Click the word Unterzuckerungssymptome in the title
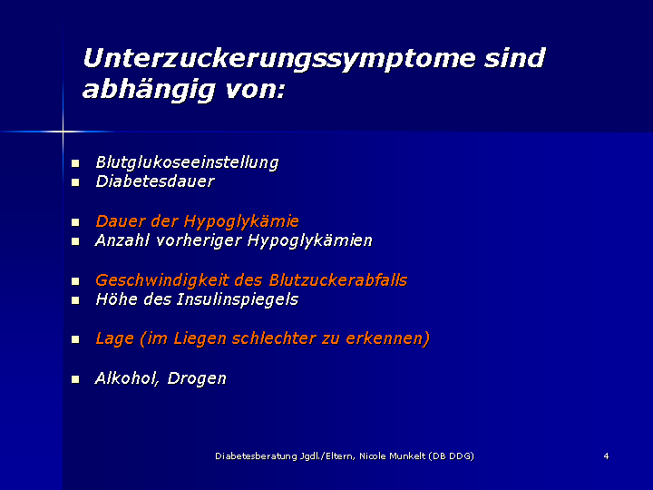pos(279,59)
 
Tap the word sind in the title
pos(514,57)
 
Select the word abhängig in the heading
pos(148,90)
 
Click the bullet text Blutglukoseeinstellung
pos(187,162)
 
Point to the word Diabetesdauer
pos(155,181)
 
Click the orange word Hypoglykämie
pos(241,221)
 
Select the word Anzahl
pos(122,240)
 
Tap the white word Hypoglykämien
pos(310,240)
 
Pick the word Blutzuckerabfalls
pos(337,280)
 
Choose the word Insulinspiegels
pos(238,300)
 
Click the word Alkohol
pos(127,378)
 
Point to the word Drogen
pos(197,378)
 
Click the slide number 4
pos(606,456)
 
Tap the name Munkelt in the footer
pos(407,456)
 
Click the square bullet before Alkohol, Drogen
pos(75,379)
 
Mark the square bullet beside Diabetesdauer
pos(75,182)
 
